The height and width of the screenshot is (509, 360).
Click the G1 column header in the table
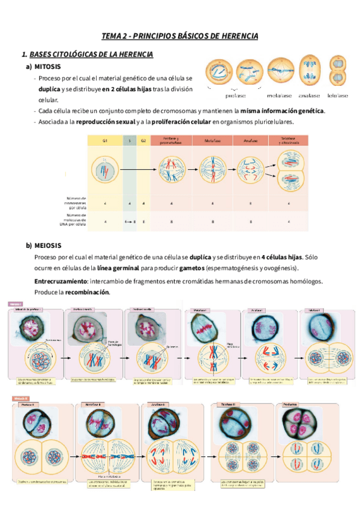coord(104,140)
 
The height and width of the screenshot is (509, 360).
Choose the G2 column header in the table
coord(143,140)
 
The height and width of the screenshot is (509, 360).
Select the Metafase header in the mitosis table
coord(212,140)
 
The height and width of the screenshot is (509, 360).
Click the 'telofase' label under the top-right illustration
coord(338,95)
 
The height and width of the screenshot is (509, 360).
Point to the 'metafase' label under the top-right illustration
coord(279,95)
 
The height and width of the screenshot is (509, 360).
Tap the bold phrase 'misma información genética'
coord(282,111)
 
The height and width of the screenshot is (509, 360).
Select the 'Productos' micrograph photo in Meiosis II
coord(299,423)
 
